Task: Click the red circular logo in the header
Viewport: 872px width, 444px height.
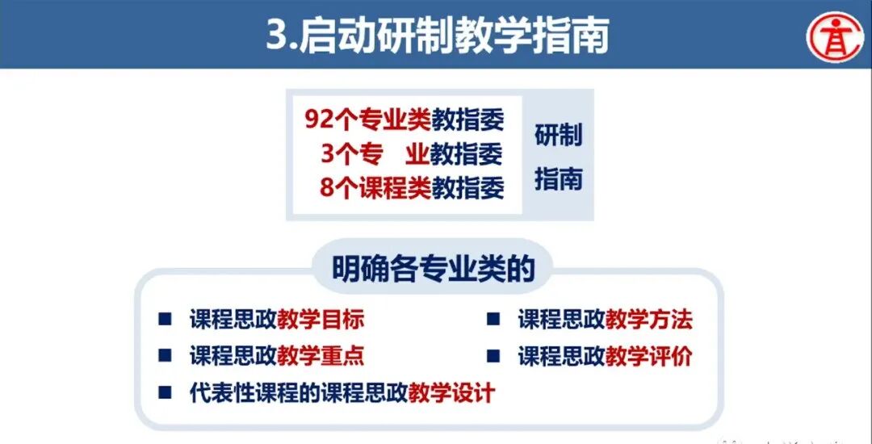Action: pos(836,35)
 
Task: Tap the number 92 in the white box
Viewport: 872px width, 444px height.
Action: pos(316,119)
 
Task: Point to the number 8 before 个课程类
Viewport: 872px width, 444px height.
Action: pos(326,188)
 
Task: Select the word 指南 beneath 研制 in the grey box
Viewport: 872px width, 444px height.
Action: pos(558,178)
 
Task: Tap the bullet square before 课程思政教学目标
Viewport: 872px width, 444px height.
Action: pos(165,319)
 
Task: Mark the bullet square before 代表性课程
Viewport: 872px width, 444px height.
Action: pos(165,392)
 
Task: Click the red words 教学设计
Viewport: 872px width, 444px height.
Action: pos(451,393)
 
